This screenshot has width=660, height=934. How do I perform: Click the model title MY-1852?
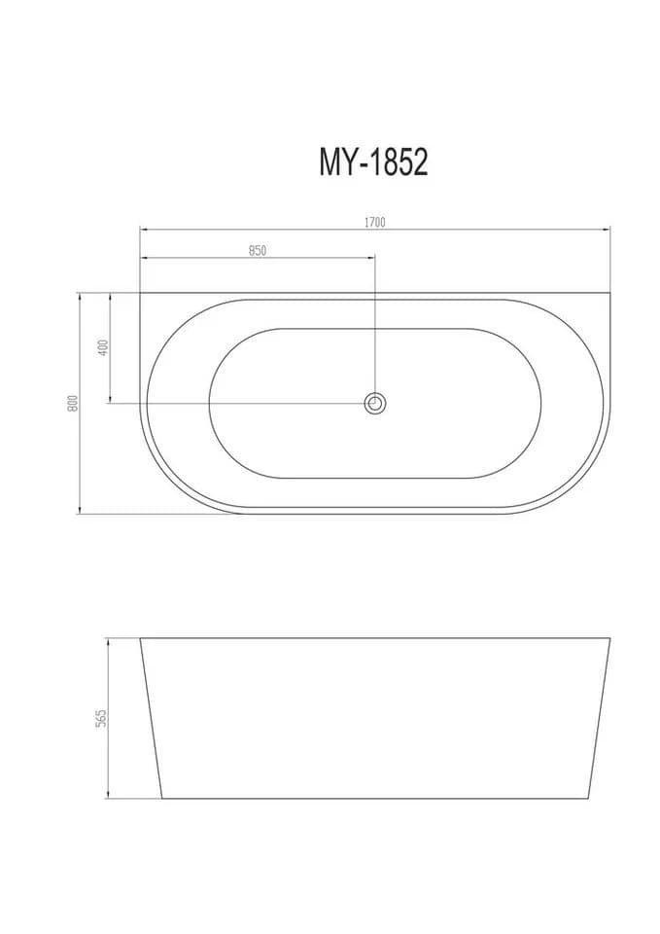pyautogui.click(x=374, y=162)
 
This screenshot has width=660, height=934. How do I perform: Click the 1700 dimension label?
pyautogui.click(x=375, y=222)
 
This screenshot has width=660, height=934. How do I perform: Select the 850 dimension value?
pyautogui.click(x=257, y=251)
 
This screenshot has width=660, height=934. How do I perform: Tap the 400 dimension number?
pyautogui.click(x=104, y=347)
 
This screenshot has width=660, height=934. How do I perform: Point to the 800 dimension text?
pyautogui.click(x=73, y=403)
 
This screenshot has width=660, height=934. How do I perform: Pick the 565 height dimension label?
pyautogui.click(x=101, y=718)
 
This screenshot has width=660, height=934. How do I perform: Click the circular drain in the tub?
pyautogui.click(x=375, y=403)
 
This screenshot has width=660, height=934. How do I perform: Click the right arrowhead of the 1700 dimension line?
pyautogui.click(x=608, y=228)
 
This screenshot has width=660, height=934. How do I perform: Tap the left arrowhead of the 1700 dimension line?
pyautogui.click(x=143, y=228)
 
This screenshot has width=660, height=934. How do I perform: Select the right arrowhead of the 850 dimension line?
pyautogui.click(x=372, y=257)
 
